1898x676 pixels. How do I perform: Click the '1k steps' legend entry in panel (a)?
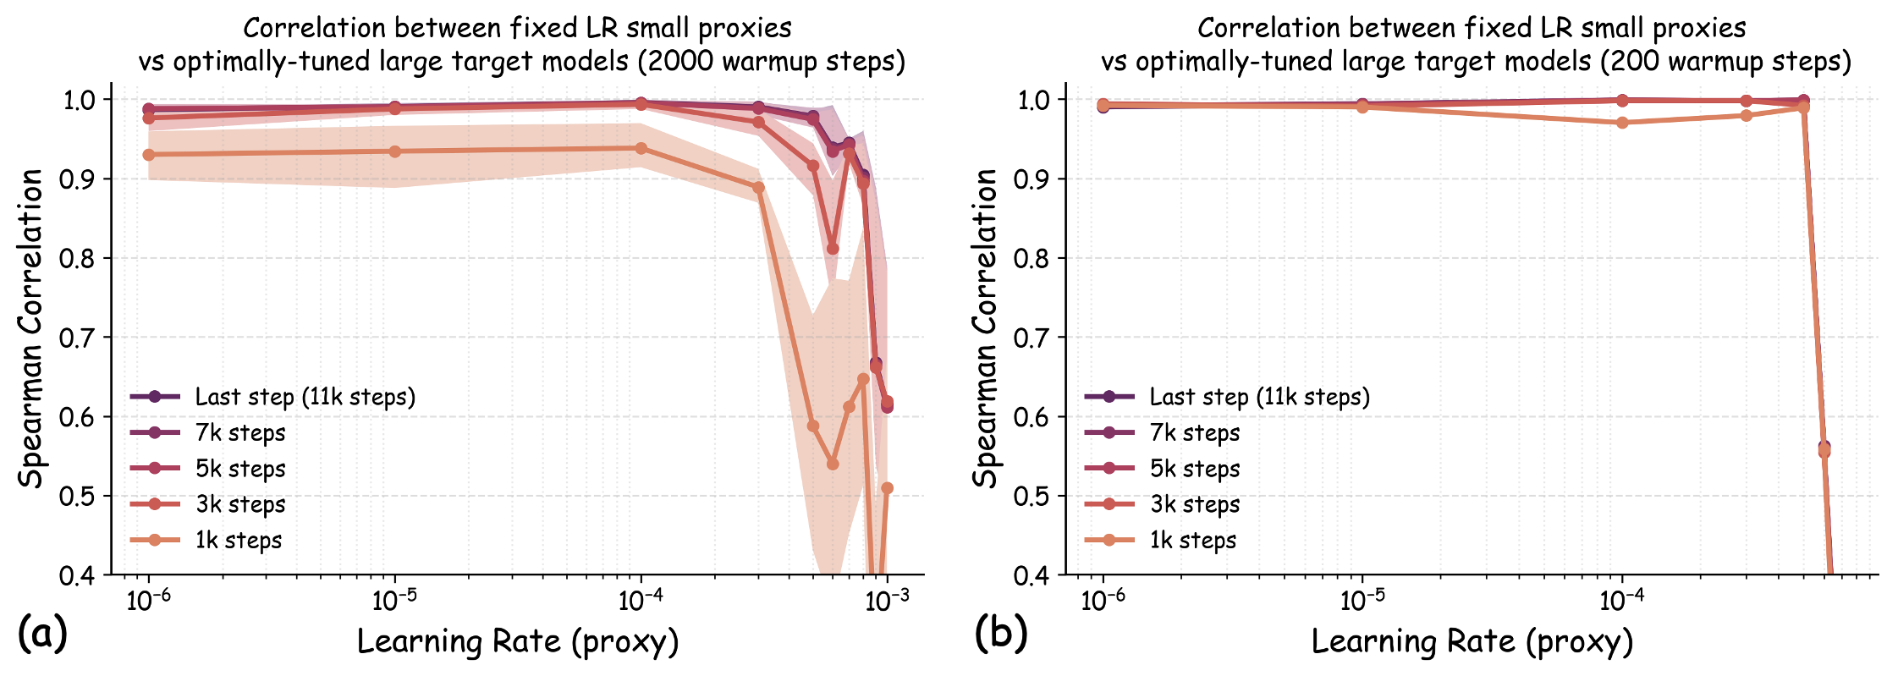(x=238, y=540)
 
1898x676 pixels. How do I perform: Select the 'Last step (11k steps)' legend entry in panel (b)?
(x=1259, y=397)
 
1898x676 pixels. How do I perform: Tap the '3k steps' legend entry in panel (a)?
(x=240, y=504)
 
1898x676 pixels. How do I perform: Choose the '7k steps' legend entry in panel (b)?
(x=1194, y=432)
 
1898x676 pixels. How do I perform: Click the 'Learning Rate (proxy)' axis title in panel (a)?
(x=518, y=641)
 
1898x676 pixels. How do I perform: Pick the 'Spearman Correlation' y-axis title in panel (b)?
(x=984, y=328)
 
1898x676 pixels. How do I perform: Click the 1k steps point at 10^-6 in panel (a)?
(x=149, y=155)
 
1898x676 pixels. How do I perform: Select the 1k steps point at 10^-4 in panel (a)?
(x=641, y=148)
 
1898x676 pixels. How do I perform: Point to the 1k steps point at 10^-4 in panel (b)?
(x=1622, y=123)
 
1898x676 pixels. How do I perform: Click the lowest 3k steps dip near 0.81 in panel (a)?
(x=833, y=249)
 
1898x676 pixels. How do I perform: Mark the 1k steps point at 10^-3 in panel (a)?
(x=887, y=488)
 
